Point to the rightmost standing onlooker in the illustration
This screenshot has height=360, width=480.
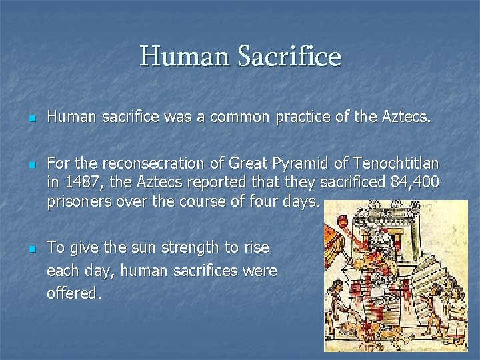tap(456, 313)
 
